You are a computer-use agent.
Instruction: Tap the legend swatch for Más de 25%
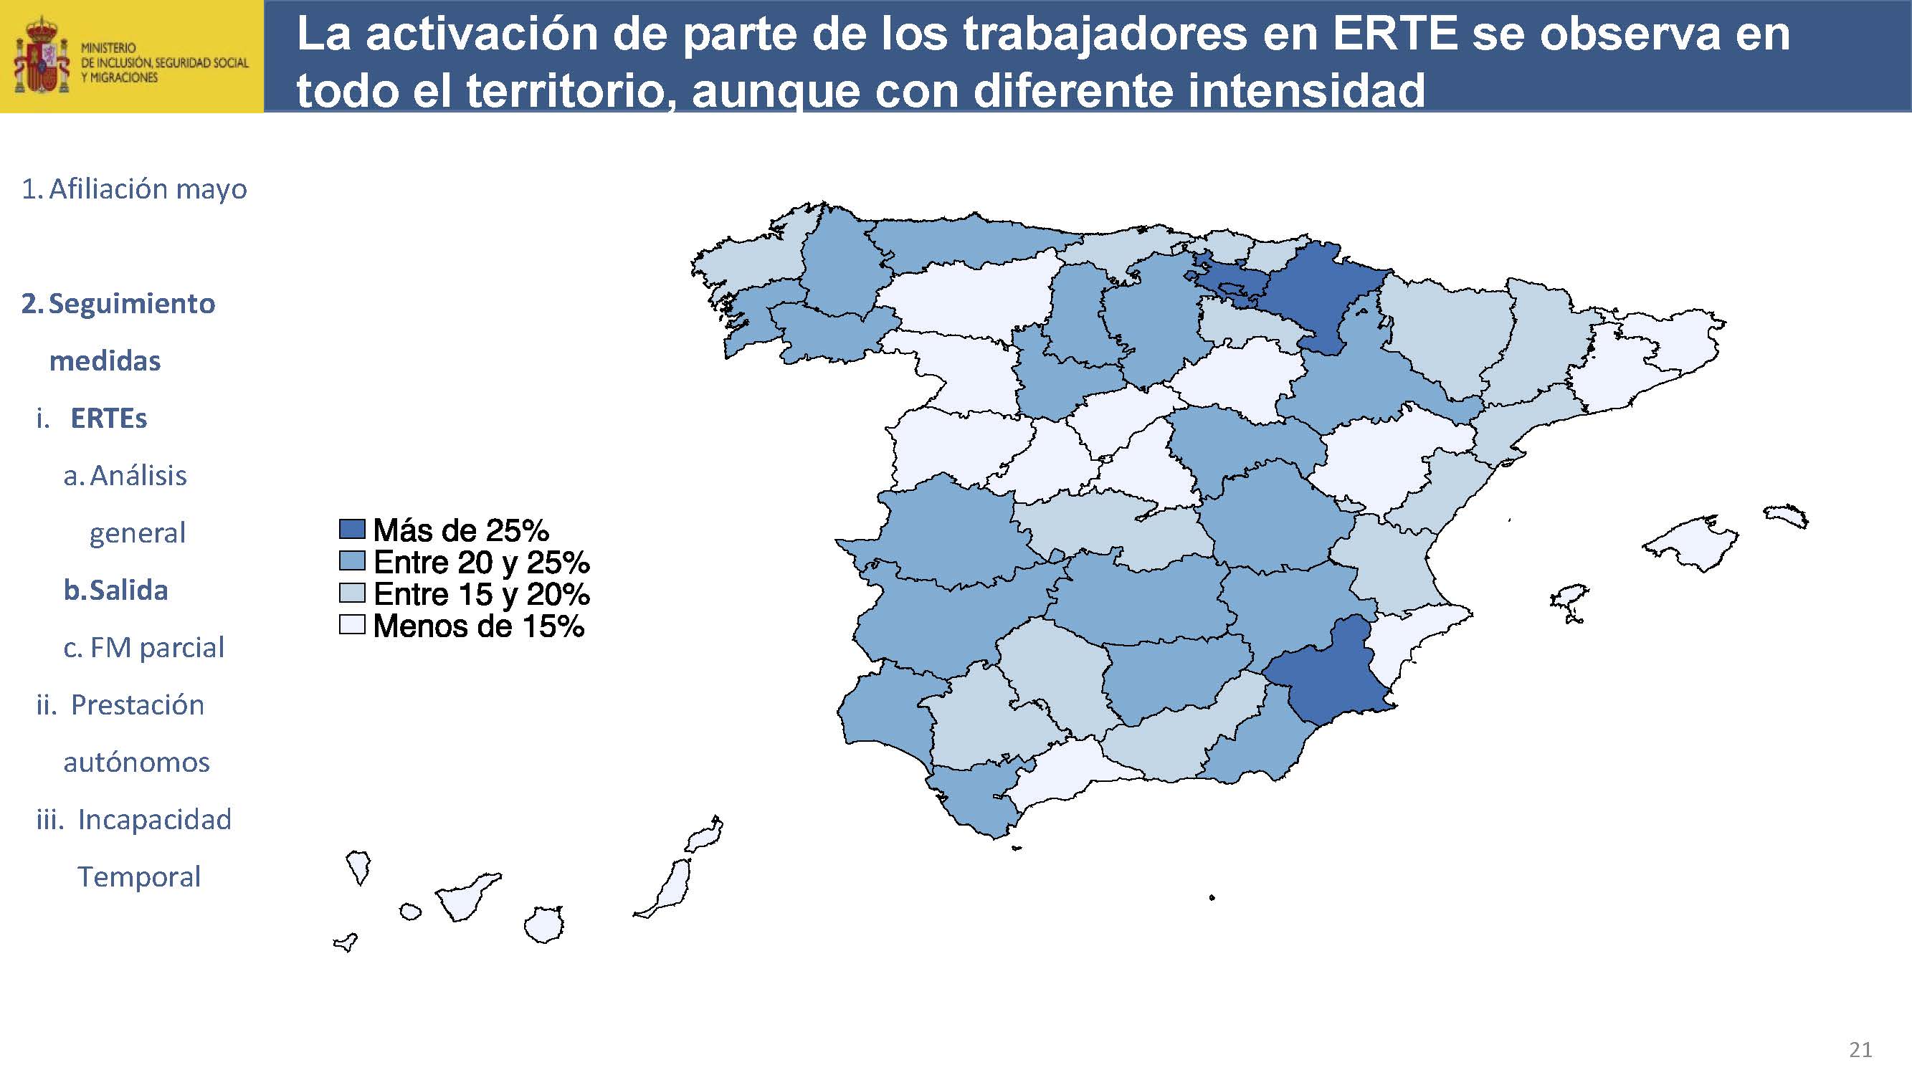tap(352, 529)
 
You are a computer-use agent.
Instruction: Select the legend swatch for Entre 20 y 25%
tap(352, 561)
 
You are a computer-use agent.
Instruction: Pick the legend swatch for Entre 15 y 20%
tap(352, 593)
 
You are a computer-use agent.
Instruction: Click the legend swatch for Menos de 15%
tap(352, 625)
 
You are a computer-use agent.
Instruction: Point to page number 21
tap(1860, 1050)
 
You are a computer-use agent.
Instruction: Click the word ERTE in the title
tap(1395, 35)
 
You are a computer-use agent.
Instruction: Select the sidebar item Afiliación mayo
tap(134, 189)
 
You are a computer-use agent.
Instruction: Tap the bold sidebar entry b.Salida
tap(116, 590)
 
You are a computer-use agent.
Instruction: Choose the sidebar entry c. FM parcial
tap(143, 647)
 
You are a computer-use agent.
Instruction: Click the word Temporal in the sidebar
tap(139, 876)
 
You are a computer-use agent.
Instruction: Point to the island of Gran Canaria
tap(544, 925)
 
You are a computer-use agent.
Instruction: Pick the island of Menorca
tap(1787, 515)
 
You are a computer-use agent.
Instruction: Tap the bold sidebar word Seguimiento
tap(131, 303)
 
